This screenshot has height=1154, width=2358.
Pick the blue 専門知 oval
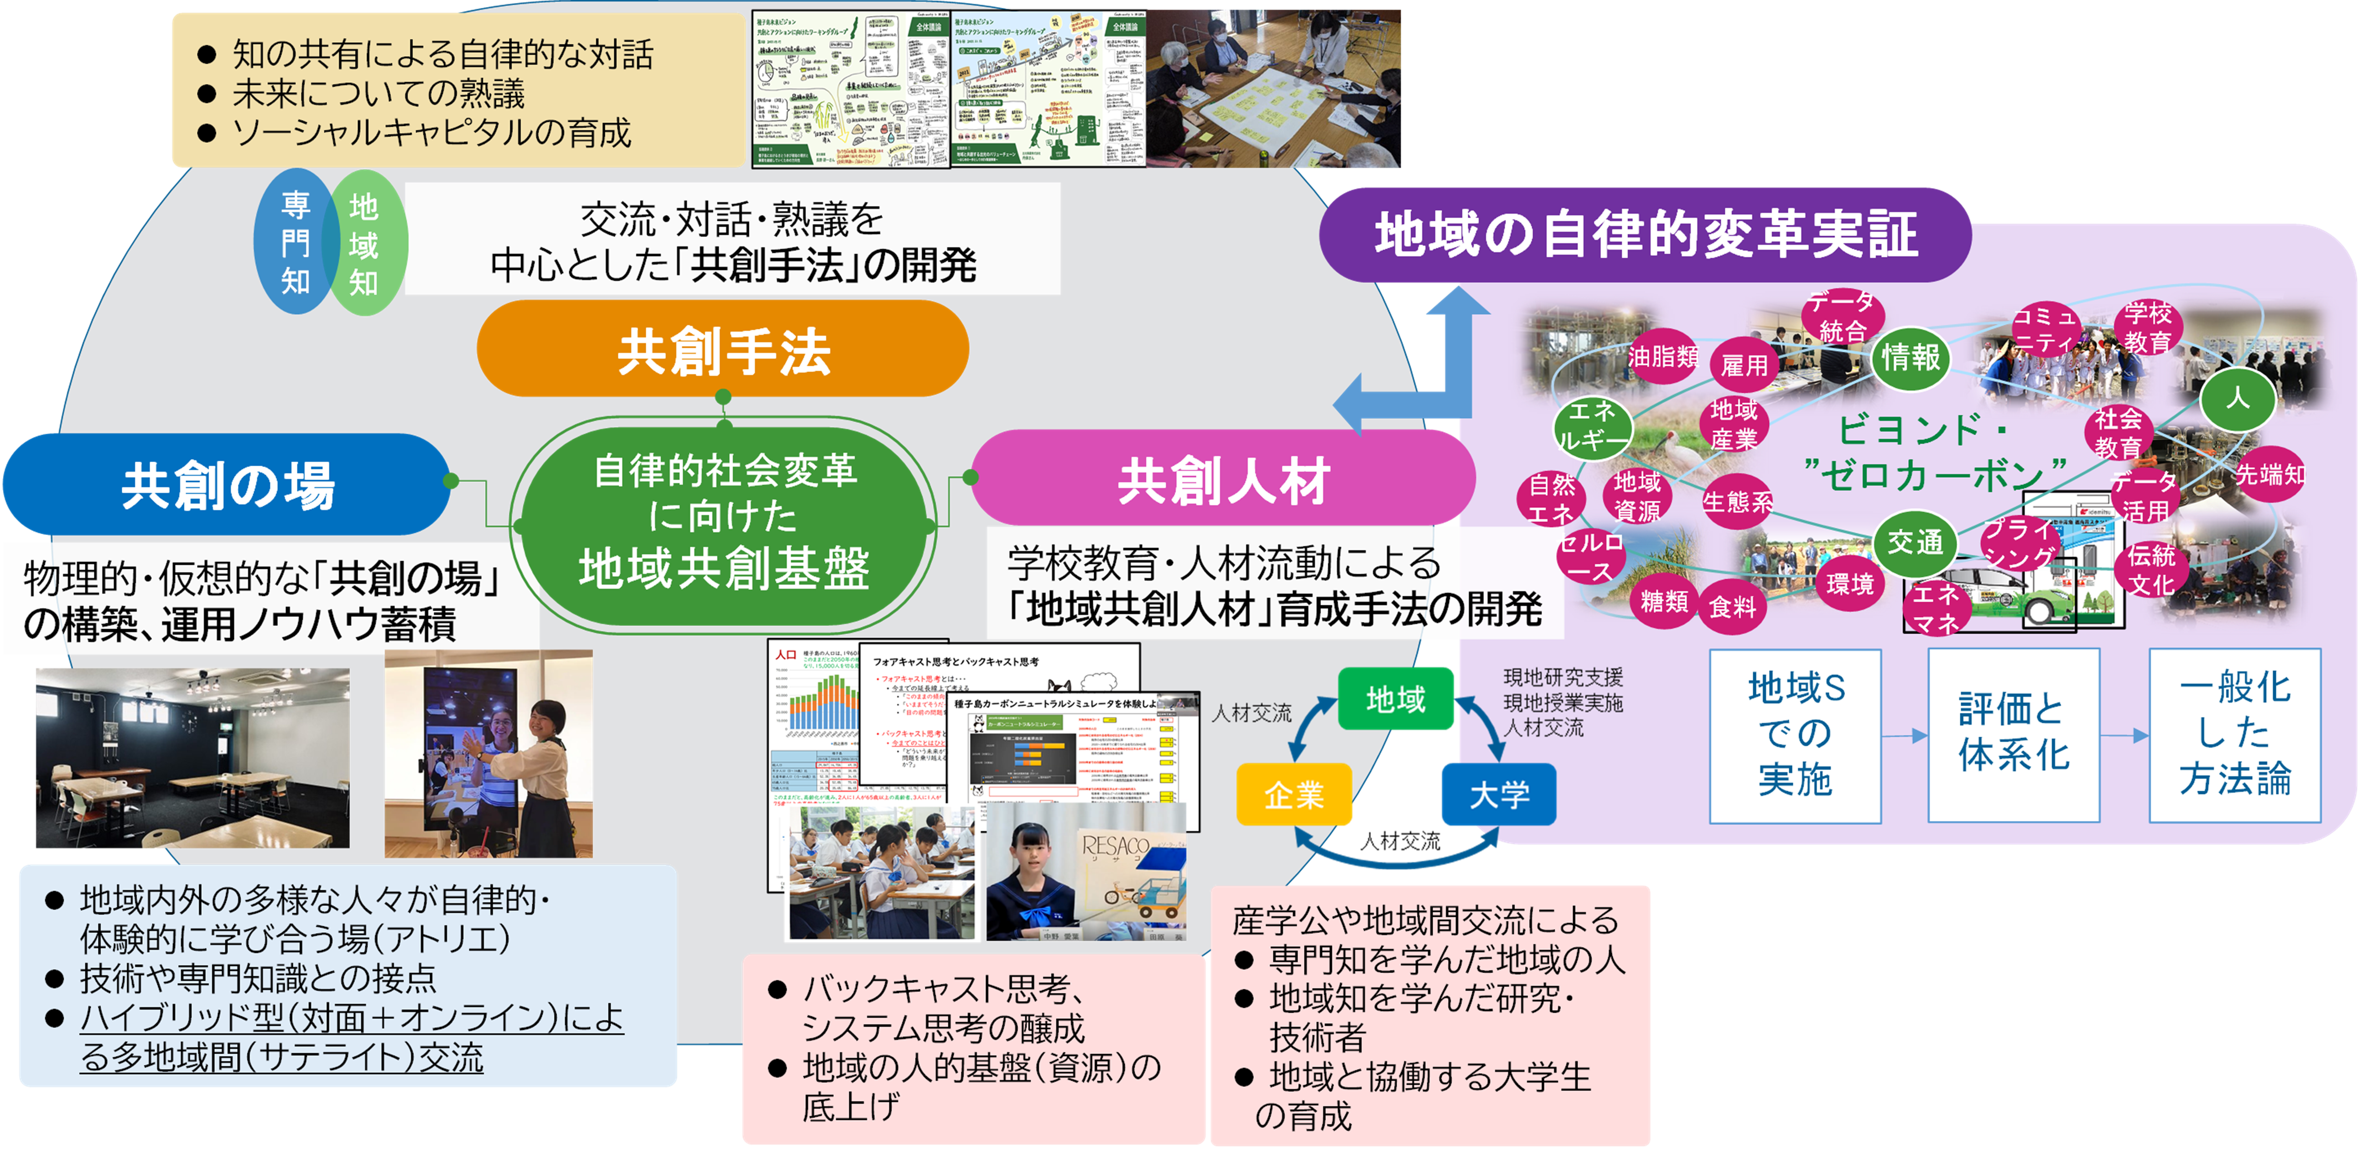(295, 243)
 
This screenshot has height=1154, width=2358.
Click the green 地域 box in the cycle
(1395, 699)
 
